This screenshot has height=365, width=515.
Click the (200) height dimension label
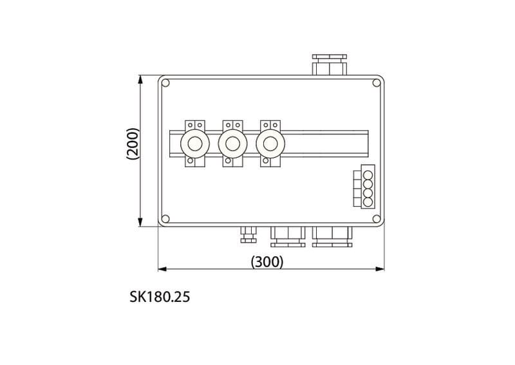click(133, 144)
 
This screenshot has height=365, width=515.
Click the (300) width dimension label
click(267, 261)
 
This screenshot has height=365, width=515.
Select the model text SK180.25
click(160, 297)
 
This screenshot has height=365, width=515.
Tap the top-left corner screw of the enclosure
click(166, 83)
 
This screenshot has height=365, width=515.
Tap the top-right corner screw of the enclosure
click(376, 83)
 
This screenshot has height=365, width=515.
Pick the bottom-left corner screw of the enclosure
click(166, 218)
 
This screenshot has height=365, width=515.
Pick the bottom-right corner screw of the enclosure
click(376, 218)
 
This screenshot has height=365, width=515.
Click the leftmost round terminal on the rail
click(195, 144)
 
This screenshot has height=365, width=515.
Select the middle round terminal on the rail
click(232, 144)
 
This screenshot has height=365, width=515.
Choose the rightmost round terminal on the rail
click(270, 144)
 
